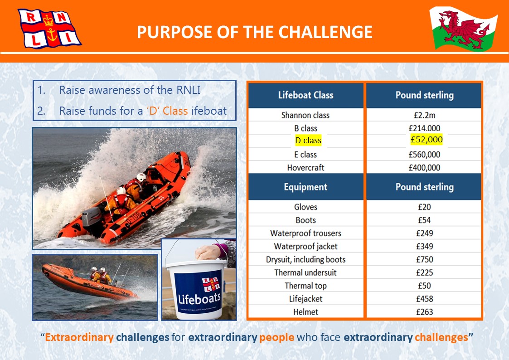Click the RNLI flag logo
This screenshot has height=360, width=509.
click(49, 29)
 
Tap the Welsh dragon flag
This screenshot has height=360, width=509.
click(464, 29)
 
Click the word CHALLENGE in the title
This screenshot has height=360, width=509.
click(325, 32)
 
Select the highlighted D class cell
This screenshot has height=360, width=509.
click(308, 140)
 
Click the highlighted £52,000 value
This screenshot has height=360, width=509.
click(427, 139)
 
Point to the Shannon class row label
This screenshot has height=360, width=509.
click(305, 115)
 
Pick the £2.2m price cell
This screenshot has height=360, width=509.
click(424, 115)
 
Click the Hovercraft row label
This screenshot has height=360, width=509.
click(305, 167)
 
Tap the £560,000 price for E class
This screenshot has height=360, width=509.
click(424, 155)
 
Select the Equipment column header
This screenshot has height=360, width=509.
click(305, 187)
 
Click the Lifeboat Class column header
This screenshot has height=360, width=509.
click(305, 95)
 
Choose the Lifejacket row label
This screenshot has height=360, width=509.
click(305, 299)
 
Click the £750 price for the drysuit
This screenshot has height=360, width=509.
click(424, 259)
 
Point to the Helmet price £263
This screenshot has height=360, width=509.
click(424, 312)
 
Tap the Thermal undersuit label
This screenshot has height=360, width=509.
click(305, 272)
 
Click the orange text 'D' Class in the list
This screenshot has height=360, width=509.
click(167, 111)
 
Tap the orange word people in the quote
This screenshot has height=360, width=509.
click(276, 338)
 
